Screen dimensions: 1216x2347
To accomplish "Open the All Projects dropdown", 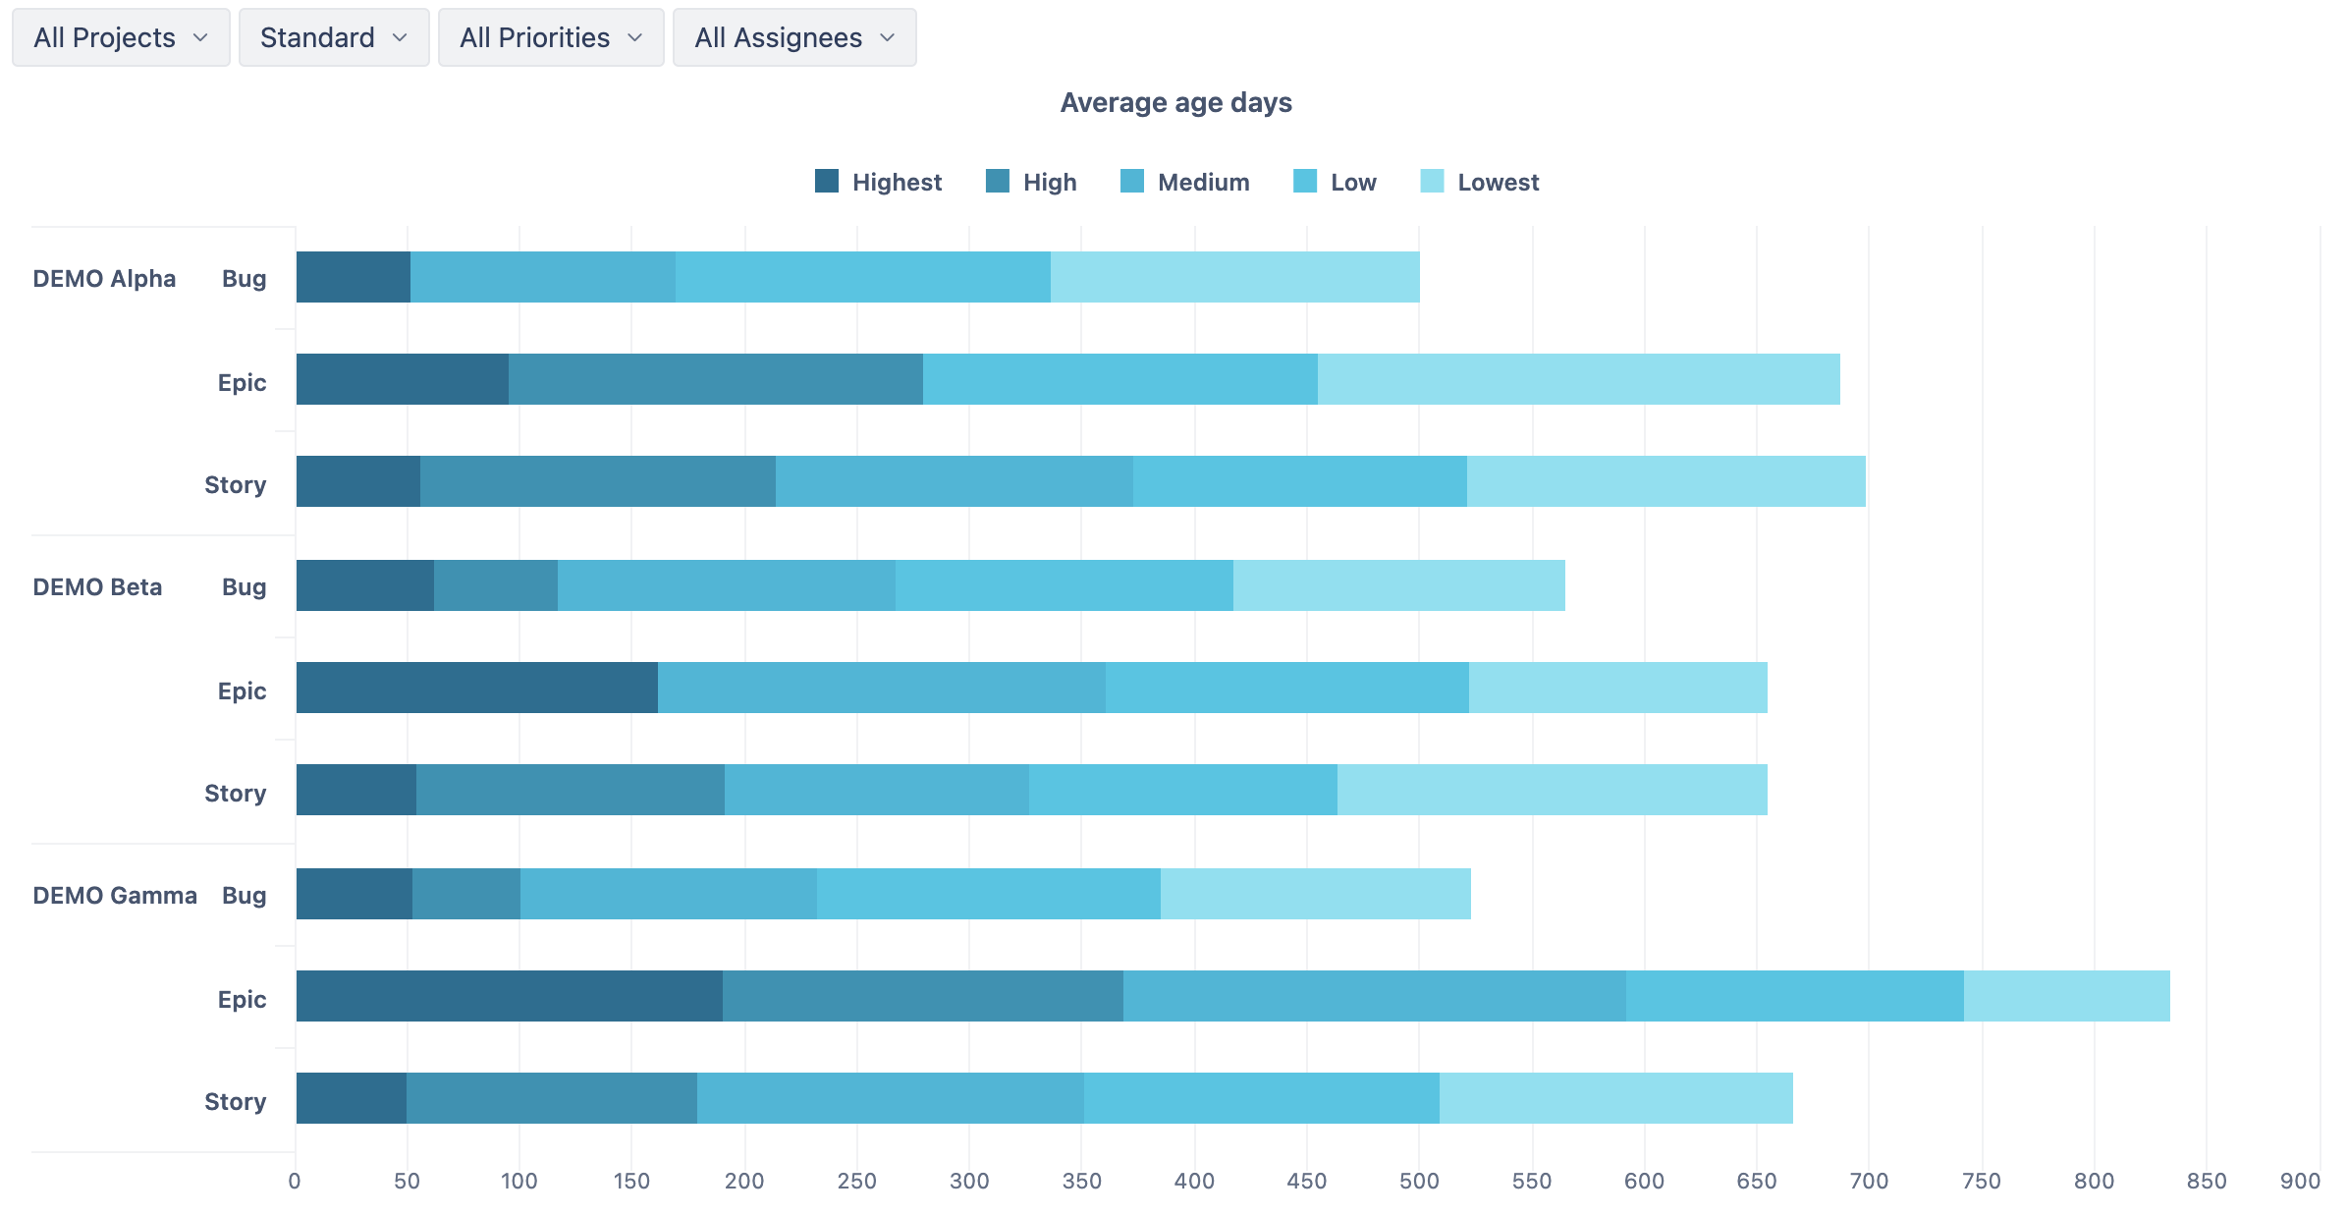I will click(121, 37).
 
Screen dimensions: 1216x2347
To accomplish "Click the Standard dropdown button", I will click(334, 37).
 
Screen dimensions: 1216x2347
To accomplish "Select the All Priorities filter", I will click(550, 37).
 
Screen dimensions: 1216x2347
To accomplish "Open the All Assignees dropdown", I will click(793, 37).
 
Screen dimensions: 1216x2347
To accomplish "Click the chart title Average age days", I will click(1175, 102).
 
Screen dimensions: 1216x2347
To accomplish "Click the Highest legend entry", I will click(879, 182).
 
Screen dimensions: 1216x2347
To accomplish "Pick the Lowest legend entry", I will click(1480, 182).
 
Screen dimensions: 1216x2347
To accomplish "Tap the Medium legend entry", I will click(1185, 182).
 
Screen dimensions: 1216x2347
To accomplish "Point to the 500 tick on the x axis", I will click(1419, 1181).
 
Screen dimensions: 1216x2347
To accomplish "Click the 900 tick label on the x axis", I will click(2300, 1181).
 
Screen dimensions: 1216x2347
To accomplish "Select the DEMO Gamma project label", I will click(115, 896).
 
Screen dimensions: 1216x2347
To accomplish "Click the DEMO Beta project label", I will click(97, 587).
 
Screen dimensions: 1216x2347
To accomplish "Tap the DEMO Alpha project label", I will click(104, 279).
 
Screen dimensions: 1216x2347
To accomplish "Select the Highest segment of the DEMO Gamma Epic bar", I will click(509, 996).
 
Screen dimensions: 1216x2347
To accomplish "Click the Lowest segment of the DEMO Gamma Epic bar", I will click(2066, 996).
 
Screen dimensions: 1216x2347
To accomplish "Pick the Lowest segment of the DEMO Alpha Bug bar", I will click(1234, 277).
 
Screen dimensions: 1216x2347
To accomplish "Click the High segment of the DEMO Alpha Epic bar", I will click(715, 379).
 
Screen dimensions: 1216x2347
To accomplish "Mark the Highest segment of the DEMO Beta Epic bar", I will click(476, 688).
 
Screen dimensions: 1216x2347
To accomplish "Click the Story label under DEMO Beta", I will click(235, 794).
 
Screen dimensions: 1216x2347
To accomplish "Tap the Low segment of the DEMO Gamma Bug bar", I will click(988, 894).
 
